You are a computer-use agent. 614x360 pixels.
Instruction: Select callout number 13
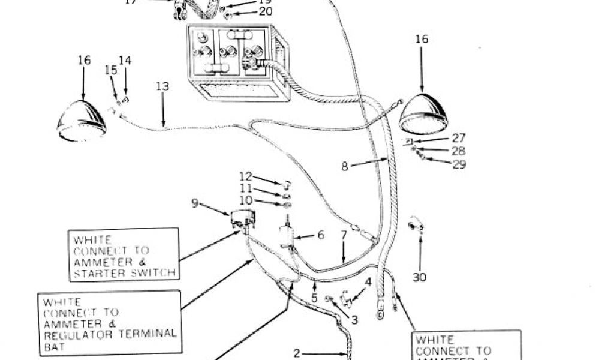162,86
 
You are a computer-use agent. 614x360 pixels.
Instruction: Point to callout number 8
345,167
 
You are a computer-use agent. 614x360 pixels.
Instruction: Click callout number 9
195,203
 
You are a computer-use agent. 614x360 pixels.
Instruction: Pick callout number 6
321,235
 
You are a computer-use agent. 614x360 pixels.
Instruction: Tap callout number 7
344,235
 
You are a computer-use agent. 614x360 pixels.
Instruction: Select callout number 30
419,277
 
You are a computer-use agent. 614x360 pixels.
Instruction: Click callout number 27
459,138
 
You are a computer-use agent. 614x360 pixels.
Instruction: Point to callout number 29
459,164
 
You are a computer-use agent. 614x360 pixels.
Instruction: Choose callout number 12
246,176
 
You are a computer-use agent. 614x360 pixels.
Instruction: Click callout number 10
246,200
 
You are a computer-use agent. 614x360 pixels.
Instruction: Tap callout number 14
125,61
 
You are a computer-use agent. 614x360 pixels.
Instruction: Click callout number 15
111,70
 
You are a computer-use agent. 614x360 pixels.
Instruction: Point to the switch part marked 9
240,220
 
